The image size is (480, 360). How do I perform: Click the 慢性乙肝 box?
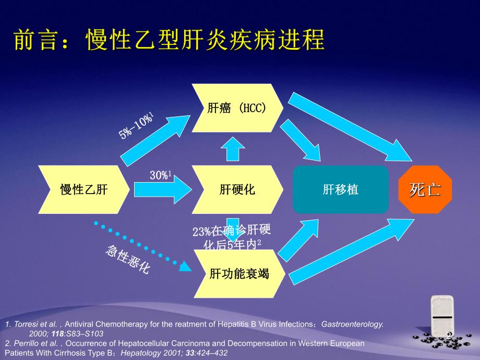click(x=83, y=189)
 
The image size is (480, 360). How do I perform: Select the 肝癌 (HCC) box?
click(x=237, y=108)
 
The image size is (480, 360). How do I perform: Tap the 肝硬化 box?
click(x=237, y=189)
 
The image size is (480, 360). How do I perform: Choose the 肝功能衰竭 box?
click(x=239, y=273)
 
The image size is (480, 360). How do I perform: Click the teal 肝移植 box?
click(x=341, y=189)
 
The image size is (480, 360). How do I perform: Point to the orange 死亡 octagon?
click(x=425, y=189)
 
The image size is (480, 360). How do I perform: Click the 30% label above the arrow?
click(x=161, y=176)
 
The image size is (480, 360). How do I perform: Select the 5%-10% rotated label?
click(x=136, y=125)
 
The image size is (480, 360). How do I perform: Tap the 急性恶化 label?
click(x=128, y=259)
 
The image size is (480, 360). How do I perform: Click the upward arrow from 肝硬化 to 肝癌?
click(x=233, y=150)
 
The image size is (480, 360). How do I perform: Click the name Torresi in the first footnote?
click(x=24, y=324)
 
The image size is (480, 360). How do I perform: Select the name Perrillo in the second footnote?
click(x=25, y=343)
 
